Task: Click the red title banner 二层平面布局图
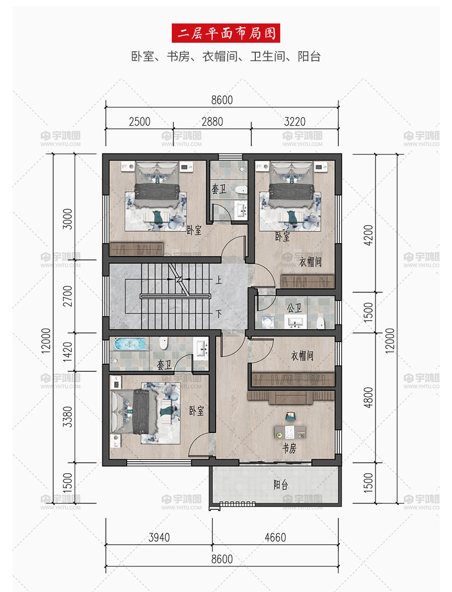(x=226, y=33)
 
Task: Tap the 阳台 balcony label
(x=281, y=485)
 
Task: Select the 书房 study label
(x=290, y=448)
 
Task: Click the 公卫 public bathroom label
(x=294, y=308)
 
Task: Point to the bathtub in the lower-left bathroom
(x=130, y=344)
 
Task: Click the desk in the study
(x=290, y=431)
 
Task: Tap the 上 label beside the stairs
(x=219, y=280)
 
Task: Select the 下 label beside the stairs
(x=219, y=314)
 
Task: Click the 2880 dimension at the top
(x=212, y=122)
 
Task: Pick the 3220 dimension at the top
(x=295, y=122)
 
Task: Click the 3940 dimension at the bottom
(x=159, y=537)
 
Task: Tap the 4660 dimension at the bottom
(x=275, y=537)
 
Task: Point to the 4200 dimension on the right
(x=368, y=235)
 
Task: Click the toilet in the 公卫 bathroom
(x=320, y=323)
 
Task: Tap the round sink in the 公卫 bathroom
(x=268, y=322)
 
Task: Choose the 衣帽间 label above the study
(x=302, y=356)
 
